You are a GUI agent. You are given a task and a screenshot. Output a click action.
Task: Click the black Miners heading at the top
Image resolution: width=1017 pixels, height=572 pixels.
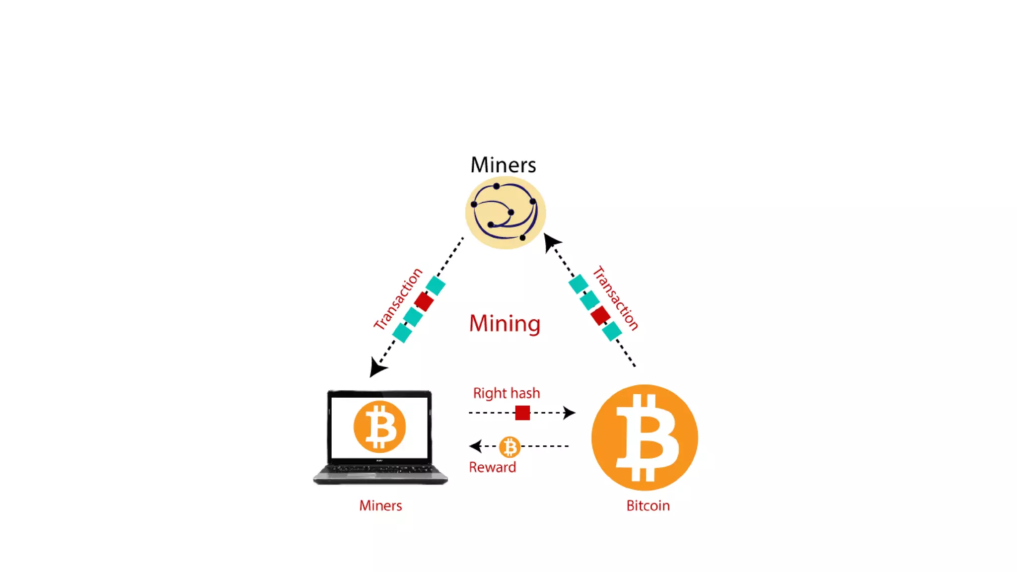click(503, 165)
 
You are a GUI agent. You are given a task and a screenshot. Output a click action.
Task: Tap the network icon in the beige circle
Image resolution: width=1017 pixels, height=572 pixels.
click(505, 213)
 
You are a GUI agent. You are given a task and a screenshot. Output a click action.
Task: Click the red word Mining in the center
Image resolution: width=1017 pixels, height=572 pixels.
click(505, 323)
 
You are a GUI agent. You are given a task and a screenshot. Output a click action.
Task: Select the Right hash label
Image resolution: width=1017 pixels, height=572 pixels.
click(506, 393)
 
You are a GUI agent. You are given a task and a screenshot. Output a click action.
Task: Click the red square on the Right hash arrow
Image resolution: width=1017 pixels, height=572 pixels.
click(522, 413)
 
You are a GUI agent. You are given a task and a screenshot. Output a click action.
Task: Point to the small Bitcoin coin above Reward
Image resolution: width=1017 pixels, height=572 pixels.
click(509, 447)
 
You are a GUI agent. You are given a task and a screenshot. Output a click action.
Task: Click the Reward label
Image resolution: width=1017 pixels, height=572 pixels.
click(492, 467)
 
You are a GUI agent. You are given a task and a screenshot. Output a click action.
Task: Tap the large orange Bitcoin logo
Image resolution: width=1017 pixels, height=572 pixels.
click(645, 437)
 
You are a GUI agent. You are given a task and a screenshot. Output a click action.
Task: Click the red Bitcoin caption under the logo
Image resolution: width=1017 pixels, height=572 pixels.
click(648, 505)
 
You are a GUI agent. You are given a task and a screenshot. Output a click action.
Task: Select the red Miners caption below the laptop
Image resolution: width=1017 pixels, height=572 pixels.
click(380, 505)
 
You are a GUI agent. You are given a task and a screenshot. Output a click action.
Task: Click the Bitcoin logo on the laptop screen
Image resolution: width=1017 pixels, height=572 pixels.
click(379, 427)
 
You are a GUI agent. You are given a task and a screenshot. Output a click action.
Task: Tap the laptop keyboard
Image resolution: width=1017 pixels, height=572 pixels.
click(380, 469)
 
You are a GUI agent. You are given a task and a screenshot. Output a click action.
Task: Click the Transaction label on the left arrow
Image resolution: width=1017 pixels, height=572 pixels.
click(398, 299)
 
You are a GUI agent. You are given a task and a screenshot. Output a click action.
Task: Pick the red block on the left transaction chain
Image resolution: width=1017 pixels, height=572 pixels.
click(424, 301)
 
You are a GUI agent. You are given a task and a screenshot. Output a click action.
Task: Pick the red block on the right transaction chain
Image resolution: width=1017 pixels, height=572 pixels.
click(600, 315)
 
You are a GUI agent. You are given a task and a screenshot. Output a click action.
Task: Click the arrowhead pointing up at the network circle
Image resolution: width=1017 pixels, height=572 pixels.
click(551, 242)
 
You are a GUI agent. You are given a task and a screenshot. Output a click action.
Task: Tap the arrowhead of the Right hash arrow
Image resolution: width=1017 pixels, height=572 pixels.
click(569, 413)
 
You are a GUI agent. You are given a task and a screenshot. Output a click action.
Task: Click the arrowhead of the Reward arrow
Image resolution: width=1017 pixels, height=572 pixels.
click(476, 446)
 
